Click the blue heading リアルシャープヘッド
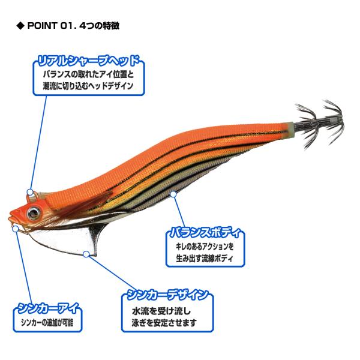[89, 61]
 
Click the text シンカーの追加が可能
[47, 325]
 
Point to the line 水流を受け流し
[160, 312]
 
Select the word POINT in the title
[41, 26]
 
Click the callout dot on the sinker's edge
[86, 254]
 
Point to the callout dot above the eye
[29, 193]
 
